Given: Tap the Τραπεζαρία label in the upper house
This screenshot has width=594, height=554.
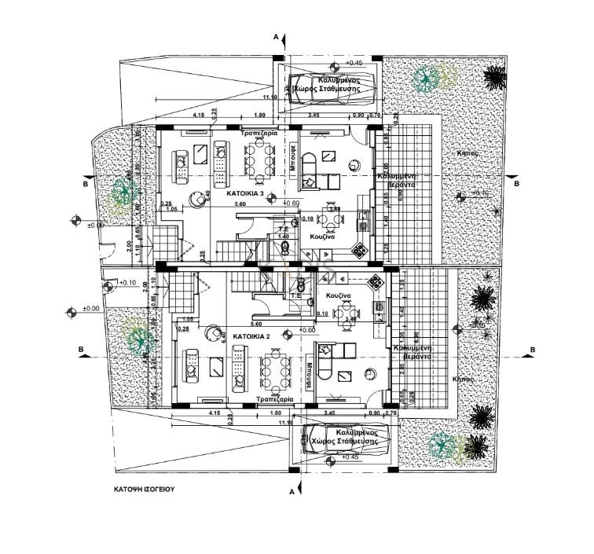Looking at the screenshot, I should (x=259, y=134).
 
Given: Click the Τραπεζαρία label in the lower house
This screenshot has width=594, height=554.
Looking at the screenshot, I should (x=274, y=399).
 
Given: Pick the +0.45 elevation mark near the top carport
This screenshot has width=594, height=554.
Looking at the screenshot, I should (x=354, y=62).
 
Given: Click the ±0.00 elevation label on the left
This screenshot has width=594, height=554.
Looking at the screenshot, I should (x=91, y=309).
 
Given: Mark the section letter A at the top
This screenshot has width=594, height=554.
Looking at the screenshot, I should (x=276, y=37).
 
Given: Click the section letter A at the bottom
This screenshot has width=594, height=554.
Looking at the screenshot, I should (x=291, y=492).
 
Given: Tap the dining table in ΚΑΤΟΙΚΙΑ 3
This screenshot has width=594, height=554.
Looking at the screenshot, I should (x=258, y=161).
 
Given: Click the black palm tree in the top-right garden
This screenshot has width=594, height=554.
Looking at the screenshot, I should (x=494, y=77).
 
